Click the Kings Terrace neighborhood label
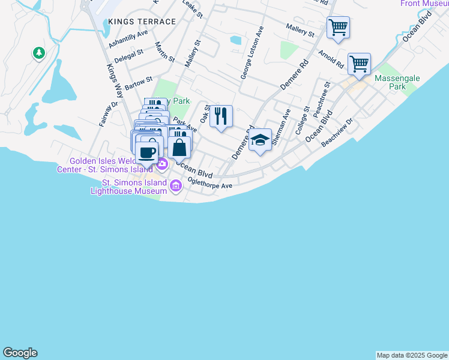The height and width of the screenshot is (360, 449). (142, 22)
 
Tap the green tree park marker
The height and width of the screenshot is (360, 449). (39, 53)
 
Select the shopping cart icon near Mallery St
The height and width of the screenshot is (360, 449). (338, 28)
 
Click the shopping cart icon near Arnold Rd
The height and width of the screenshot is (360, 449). (359, 64)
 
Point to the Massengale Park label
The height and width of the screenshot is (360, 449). (397, 82)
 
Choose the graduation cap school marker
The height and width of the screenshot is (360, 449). (260, 140)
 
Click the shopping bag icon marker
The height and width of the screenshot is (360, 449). (179, 147)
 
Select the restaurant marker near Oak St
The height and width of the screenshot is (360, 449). (221, 116)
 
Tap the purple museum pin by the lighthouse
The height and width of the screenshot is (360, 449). (176, 186)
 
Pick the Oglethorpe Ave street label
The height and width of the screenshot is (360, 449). (209, 185)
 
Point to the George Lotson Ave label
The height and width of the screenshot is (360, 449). (252, 52)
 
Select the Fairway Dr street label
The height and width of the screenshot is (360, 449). (108, 113)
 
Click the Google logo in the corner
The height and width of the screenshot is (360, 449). (20, 353)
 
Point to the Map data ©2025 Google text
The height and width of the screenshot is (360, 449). (412, 355)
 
